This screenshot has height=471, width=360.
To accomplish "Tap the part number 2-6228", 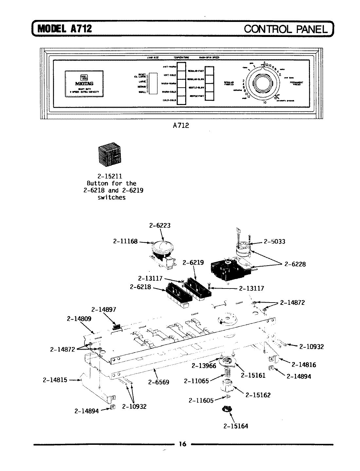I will pyautogui.click(x=295, y=264).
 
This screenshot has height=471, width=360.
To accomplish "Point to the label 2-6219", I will pyautogui.click(x=193, y=262).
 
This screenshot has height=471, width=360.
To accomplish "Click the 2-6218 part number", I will pyautogui.click(x=141, y=287).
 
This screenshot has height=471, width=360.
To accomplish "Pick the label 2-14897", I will pyautogui.click(x=103, y=309).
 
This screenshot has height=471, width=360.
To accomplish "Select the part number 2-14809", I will pyautogui.click(x=79, y=318).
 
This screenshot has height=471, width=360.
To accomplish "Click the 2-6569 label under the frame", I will pyautogui.click(x=158, y=382).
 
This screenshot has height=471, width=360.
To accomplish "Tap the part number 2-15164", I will pyautogui.click(x=236, y=426).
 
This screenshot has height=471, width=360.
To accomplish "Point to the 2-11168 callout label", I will pyautogui.click(x=125, y=241).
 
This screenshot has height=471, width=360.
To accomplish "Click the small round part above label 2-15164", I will pyautogui.click(x=226, y=409).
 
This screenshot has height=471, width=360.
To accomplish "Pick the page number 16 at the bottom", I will pyautogui.click(x=182, y=444).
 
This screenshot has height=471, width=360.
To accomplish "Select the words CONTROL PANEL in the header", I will pyautogui.click(x=285, y=29).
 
